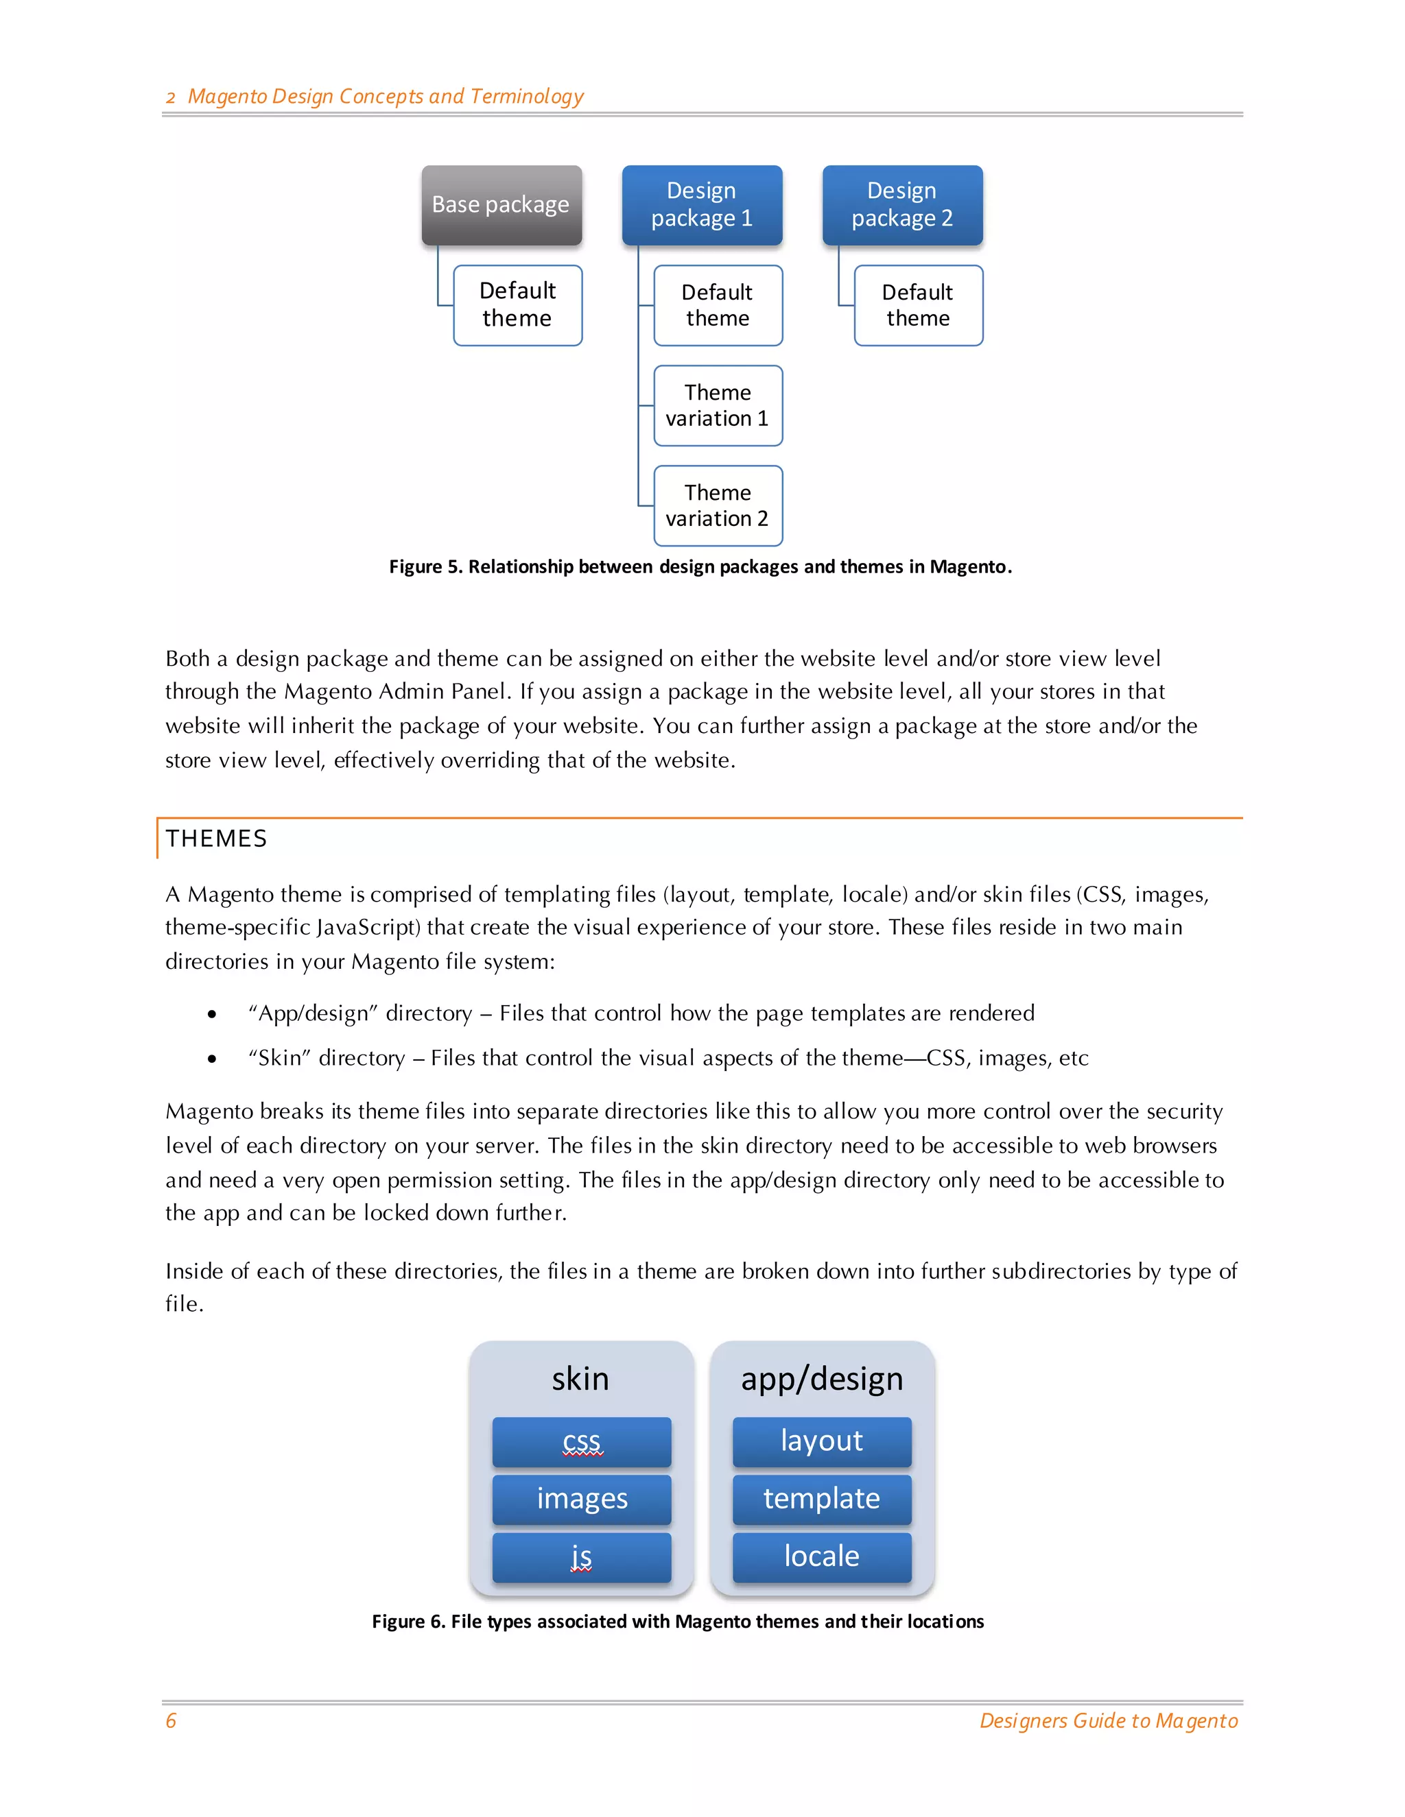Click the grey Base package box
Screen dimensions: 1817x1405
pyautogui.click(x=501, y=204)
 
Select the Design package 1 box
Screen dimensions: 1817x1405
pyautogui.click(x=702, y=204)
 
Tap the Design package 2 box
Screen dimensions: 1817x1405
pyautogui.click(x=902, y=204)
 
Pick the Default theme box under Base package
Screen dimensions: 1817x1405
pyautogui.click(x=517, y=305)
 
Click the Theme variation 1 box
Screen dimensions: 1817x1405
pyautogui.click(x=718, y=406)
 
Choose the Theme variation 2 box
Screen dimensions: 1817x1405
pyautogui.click(x=718, y=506)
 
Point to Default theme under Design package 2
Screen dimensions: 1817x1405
pyautogui.click(x=918, y=305)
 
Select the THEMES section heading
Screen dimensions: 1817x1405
pyautogui.click(x=216, y=839)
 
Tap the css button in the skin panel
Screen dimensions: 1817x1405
pyautogui.click(x=581, y=1442)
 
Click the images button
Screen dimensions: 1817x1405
pyautogui.click(x=581, y=1499)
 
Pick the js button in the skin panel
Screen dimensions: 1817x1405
pyautogui.click(x=581, y=1556)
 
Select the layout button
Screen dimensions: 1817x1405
pyautogui.click(x=821, y=1442)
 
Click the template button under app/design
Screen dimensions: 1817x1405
pyautogui.click(x=821, y=1499)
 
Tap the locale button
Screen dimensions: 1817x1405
pyautogui.click(x=821, y=1556)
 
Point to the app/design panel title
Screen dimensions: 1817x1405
pyautogui.click(x=821, y=1380)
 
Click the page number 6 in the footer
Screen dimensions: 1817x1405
pyautogui.click(x=172, y=1720)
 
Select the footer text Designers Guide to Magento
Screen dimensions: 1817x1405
pyautogui.click(x=1108, y=1720)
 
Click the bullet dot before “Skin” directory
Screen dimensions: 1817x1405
pyautogui.click(x=212, y=1059)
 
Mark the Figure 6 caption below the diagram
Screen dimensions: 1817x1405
pyautogui.click(x=678, y=1622)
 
